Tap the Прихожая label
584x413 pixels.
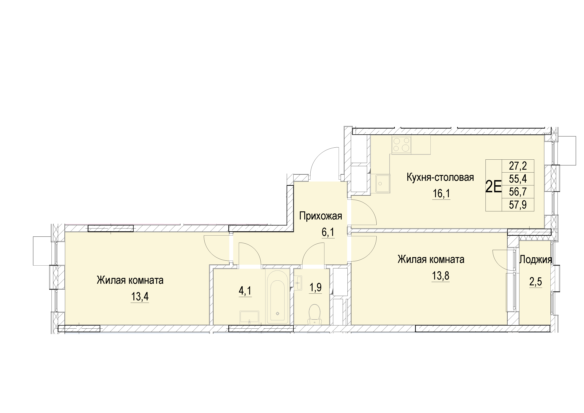pos(321,216)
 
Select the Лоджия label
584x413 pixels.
pos(536,260)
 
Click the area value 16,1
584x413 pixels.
pos(441,194)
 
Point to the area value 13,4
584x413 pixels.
pos(140,296)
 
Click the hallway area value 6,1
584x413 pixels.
pos(328,232)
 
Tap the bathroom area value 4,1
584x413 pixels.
pos(245,291)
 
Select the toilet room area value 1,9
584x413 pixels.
pos(315,288)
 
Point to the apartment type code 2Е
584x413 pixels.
pos(493,186)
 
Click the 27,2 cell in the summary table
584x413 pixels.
pos(518,166)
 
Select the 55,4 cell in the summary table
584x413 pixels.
pos(518,179)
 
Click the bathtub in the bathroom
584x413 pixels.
pos(277,297)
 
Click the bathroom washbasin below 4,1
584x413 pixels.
pos(249,317)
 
